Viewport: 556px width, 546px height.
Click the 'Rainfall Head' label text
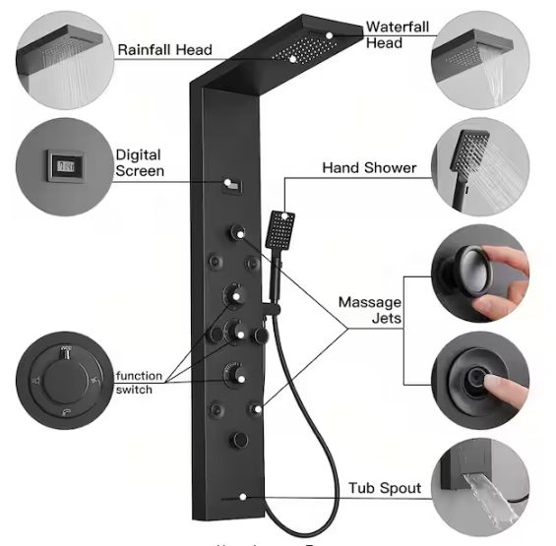[164, 49]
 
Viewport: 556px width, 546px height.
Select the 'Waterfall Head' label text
[398, 34]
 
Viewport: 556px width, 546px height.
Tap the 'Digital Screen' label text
[138, 163]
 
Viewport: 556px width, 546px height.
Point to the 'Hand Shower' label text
[369, 168]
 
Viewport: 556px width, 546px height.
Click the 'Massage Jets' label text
[369, 310]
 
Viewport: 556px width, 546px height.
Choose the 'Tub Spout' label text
[385, 488]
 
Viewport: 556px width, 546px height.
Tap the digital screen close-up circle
[60, 163]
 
